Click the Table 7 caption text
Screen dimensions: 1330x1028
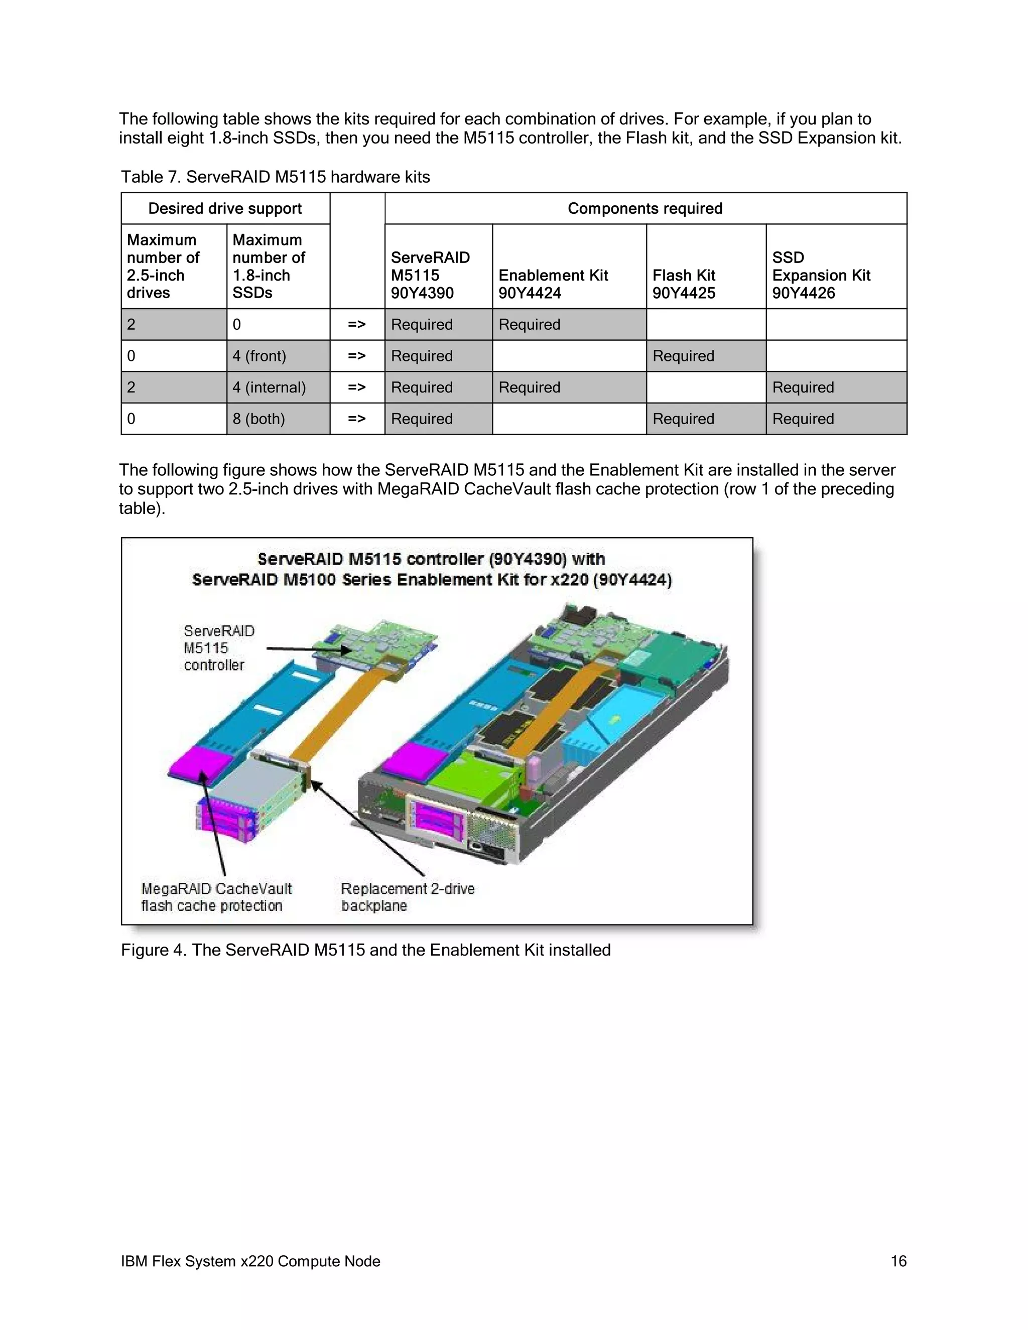coord(275,177)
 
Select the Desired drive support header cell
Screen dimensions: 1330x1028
coord(225,209)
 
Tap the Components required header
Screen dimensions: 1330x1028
coord(645,209)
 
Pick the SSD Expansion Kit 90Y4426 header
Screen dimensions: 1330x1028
coord(820,275)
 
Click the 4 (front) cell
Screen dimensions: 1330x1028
coord(260,356)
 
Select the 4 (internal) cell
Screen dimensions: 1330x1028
coord(269,388)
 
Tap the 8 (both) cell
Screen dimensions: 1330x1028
coord(259,419)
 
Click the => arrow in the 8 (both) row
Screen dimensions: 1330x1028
coord(357,419)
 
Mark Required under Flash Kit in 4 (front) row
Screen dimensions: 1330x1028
coord(683,356)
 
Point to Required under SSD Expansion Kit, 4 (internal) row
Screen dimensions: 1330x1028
coord(803,388)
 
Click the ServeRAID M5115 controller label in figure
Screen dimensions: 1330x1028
coord(219,648)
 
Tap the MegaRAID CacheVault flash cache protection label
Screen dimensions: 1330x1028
coord(216,897)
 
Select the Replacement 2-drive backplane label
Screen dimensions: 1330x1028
coord(408,897)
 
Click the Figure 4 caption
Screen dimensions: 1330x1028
coord(365,951)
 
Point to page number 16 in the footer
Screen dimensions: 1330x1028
coord(898,1261)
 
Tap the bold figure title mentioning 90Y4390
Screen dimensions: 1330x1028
coord(431,569)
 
